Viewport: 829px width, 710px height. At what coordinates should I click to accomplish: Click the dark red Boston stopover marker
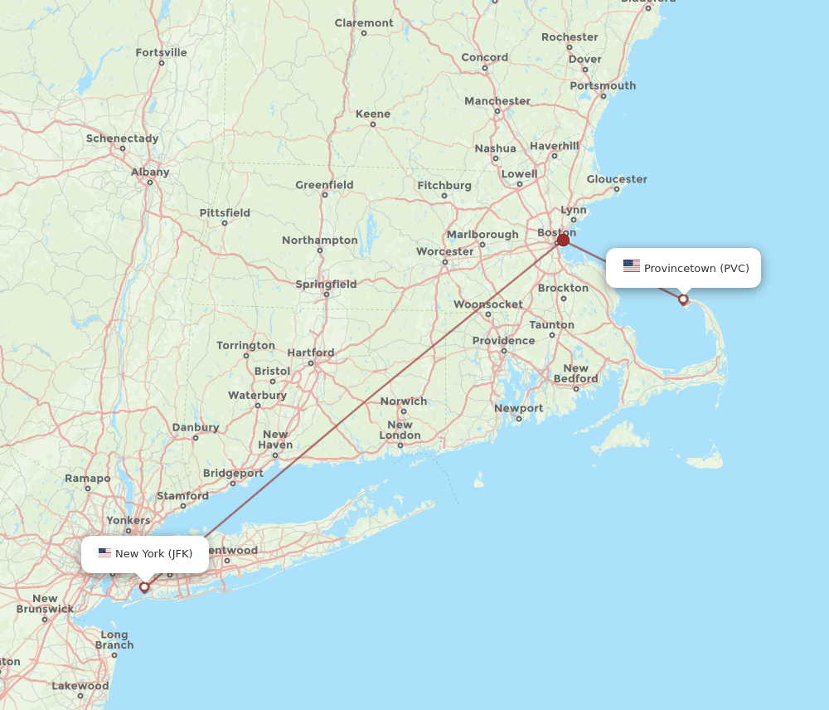click(x=563, y=240)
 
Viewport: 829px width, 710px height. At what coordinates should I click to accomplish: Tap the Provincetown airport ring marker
click(x=683, y=299)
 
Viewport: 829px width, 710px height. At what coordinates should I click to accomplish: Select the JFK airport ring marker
click(x=144, y=587)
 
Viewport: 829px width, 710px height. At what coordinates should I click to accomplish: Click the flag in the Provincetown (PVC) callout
click(x=632, y=266)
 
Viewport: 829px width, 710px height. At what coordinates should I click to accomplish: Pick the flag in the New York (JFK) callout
click(x=104, y=553)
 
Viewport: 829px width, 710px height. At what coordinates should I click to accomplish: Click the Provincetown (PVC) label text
click(x=696, y=268)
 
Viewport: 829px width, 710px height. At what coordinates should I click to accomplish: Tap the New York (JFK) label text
click(x=153, y=553)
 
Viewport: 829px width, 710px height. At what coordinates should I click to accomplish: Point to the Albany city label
click(x=150, y=173)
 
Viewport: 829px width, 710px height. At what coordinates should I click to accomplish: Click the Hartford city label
click(x=311, y=353)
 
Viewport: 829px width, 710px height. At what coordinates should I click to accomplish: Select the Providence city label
click(x=504, y=341)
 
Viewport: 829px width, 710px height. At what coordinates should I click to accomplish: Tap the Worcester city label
click(x=445, y=251)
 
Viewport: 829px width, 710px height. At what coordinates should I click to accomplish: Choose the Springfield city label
click(x=327, y=284)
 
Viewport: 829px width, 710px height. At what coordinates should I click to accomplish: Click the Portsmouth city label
click(x=603, y=85)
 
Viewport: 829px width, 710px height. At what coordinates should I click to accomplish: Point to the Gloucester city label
click(x=617, y=179)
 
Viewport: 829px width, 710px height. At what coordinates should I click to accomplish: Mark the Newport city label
click(x=519, y=408)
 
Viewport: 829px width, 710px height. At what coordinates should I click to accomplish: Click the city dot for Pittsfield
click(x=225, y=223)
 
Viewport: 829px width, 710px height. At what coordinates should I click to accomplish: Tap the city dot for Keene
click(x=373, y=124)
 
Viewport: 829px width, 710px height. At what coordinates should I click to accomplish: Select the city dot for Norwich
click(x=404, y=411)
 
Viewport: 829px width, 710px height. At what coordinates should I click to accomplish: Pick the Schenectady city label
click(x=122, y=139)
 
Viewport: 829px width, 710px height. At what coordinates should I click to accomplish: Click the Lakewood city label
click(x=80, y=686)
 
